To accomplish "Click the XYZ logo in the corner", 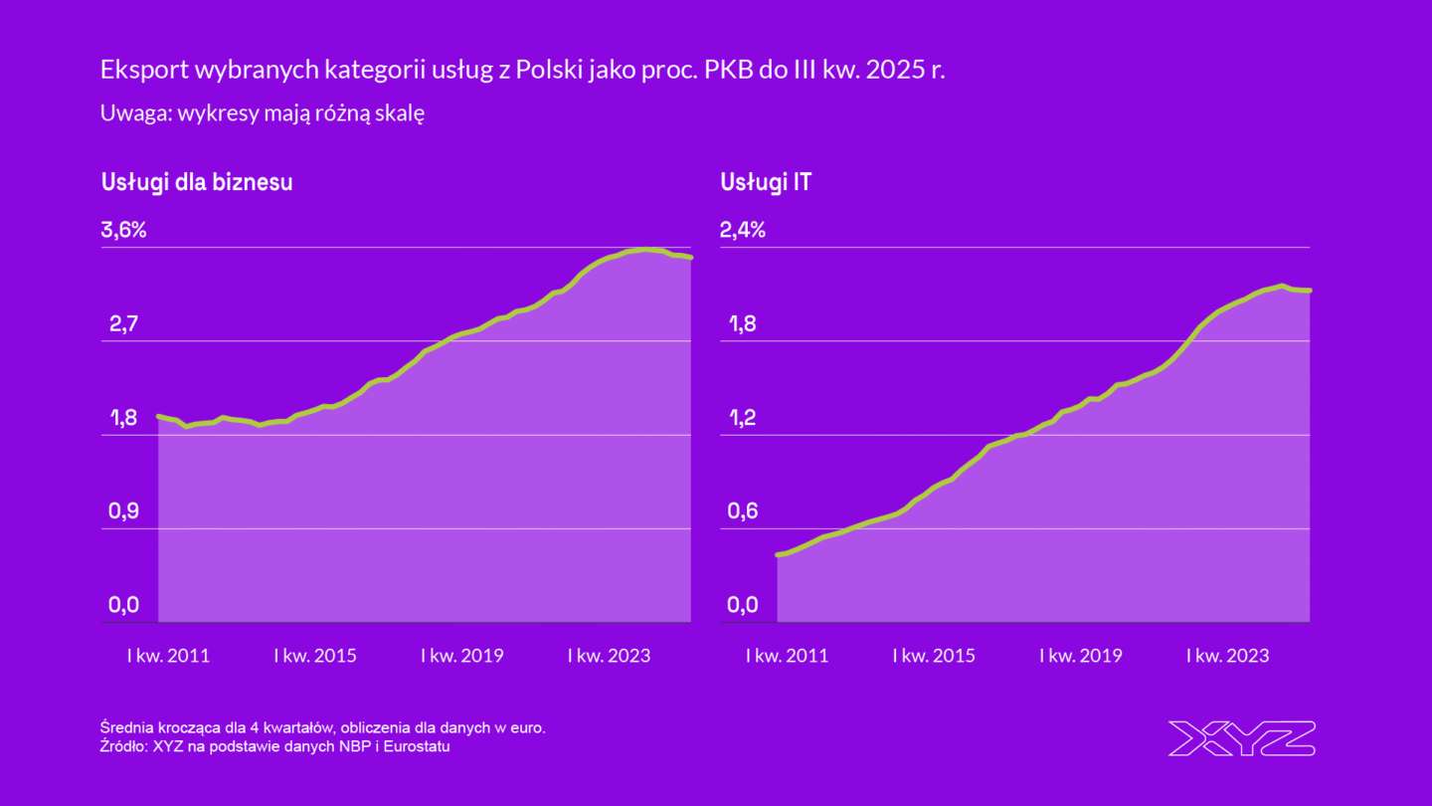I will coord(1241,738).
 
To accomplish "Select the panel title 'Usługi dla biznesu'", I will coord(197,183).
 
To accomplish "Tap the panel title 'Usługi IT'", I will coord(765,183).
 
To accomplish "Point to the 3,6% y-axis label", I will coord(123,231).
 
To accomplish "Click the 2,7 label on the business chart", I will coord(123,324).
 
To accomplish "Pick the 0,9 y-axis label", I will coord(123,511).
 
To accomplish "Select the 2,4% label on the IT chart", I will coord(743,231).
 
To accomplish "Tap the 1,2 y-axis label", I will coord(743,418).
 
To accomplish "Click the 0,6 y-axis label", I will coord(743,511).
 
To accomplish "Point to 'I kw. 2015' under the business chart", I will coord(315,656).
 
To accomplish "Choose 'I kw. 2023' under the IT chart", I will coord(1228,656).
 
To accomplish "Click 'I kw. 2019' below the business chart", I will coord(462,656).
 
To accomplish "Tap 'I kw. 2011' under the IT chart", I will coord(788,656).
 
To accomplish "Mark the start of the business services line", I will coord(159,416).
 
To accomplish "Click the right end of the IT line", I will coord(1311,291).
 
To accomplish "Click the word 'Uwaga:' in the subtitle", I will coord(134,113).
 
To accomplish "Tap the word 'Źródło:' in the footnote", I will coord(123,746).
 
